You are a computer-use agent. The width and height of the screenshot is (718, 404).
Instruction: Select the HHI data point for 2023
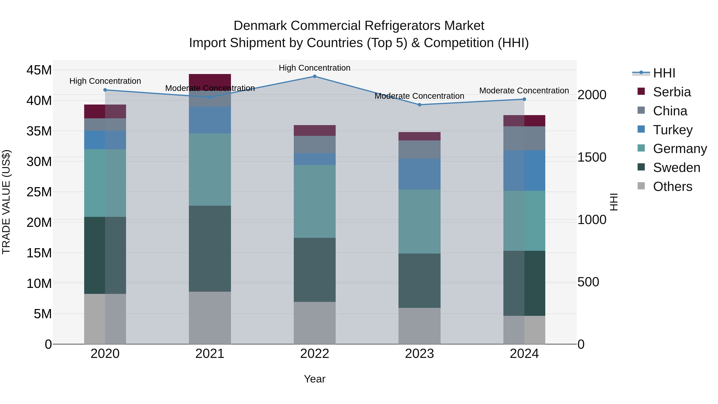(x=419, y=105)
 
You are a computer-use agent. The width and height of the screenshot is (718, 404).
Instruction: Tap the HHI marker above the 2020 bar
(x=105, y=90)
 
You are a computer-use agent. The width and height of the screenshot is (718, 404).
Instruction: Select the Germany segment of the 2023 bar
(x=419, y=221)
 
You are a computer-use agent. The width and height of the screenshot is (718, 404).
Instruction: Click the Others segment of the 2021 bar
(x=210, y=318)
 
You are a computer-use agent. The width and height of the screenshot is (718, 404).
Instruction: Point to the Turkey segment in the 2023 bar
(x=419, y=174)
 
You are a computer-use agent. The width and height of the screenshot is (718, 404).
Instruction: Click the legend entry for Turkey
(x=673, y=130)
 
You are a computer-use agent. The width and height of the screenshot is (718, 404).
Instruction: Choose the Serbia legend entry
(x=672, y=92)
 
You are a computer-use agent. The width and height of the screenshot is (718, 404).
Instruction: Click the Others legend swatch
(x=641, y=186)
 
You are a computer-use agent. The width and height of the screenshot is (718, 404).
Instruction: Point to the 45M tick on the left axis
(x=39, y=70)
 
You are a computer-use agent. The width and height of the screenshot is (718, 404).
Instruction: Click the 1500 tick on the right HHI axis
(x=592, y=157)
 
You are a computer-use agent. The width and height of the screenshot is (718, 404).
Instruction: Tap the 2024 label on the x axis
(x=524, y=354)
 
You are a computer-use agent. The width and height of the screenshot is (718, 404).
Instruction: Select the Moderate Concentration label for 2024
(x=524, y=91)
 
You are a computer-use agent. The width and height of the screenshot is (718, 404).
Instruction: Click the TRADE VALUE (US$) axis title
(x=6, y=202)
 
